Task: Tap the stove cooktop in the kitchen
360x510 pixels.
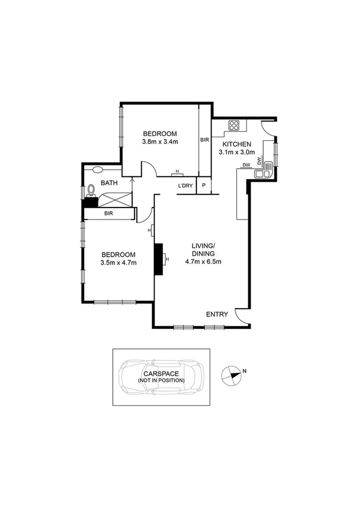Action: [234, 126]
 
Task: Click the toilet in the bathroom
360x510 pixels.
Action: [91, 190]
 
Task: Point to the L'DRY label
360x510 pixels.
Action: [186, 186]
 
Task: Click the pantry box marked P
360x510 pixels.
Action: [204, 186]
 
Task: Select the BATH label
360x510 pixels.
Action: [109, 183]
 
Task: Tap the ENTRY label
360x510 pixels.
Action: [217, 315]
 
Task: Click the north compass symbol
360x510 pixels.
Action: [231, 375]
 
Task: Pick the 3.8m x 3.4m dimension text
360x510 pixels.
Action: [159, 142]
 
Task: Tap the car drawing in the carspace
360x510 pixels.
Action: [162, 377]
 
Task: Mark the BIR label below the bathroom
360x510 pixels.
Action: [109, 214]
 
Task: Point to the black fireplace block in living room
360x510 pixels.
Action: [160, 259]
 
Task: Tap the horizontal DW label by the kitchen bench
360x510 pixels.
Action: [246, 165]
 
